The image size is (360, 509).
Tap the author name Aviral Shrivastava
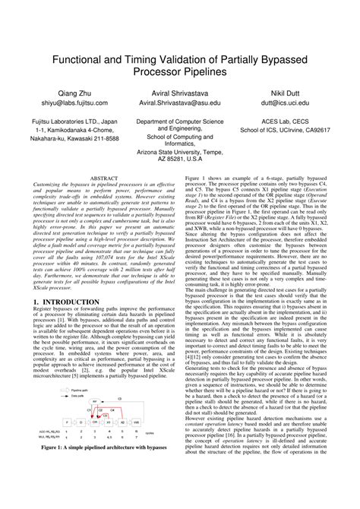pyautogui.click(x=180, y=90)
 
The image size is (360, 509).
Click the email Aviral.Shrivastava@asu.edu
pyautogui.click(x=180, y=101)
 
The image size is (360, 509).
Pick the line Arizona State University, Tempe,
pyautogui.click(x=180, y=152)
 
